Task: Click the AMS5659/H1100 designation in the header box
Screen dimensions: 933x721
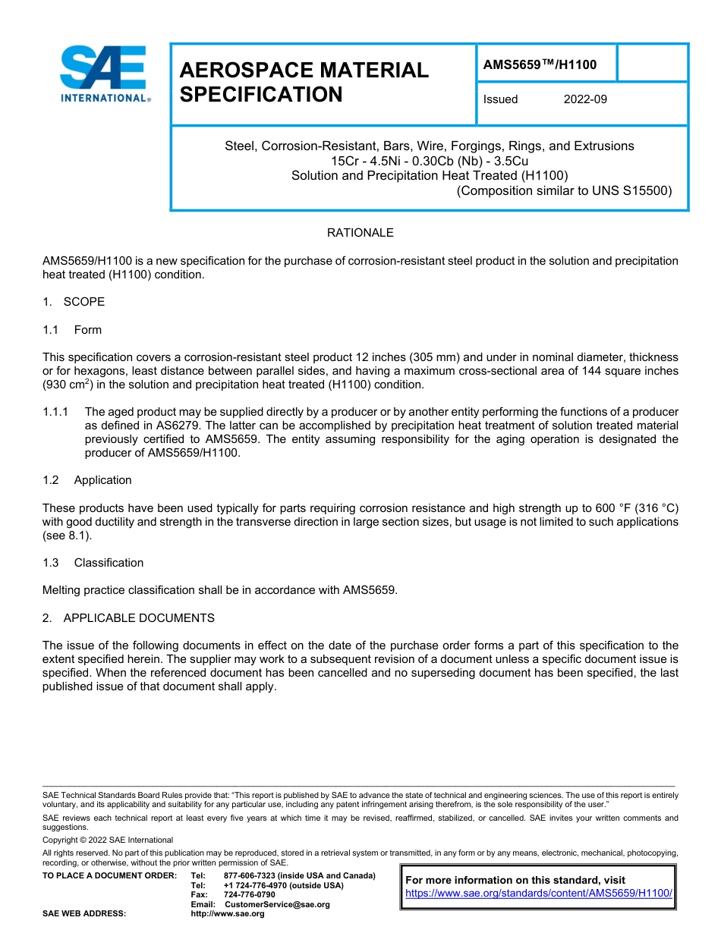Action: (x=540, y=65)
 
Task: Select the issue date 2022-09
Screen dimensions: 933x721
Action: (x=585, y=99)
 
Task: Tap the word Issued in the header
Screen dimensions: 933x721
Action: (x=500, y=99)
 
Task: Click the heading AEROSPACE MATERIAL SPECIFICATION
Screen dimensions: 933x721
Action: (x=304, y=82)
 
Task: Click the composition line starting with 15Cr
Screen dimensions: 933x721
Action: (x=430, y=161)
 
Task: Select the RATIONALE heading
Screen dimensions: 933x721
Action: (x=360, y=233)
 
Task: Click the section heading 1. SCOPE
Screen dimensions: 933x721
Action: (x=74, y=302)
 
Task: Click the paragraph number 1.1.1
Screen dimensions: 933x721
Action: (x=55, y=412)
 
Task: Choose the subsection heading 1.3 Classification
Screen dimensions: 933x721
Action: (x=93, y=563)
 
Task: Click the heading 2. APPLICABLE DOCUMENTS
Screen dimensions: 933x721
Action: (x=128, y=618)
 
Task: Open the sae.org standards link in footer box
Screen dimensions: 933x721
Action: (x=539, y=894)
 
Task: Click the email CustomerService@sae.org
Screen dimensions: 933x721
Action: (x=277, y=904)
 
